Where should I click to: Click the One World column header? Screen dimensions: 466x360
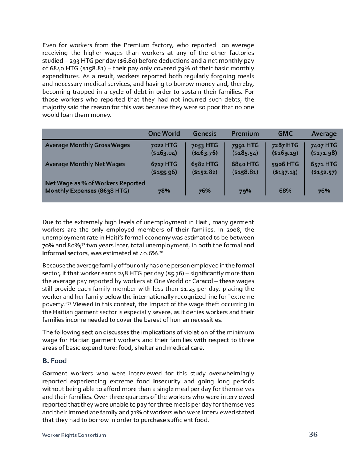164,133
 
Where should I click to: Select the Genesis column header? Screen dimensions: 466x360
205,133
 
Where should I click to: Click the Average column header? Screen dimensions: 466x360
324,133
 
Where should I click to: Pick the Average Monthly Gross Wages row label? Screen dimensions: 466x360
88,145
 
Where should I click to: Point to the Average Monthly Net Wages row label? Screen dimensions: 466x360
85,164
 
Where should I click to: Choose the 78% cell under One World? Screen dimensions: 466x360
164,191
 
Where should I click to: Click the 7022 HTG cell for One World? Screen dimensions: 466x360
164,149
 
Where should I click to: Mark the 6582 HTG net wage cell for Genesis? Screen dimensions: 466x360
205,168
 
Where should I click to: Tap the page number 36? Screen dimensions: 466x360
313,435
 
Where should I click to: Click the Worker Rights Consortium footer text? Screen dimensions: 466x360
74,435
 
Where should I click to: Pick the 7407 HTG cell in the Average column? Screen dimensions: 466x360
324,149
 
